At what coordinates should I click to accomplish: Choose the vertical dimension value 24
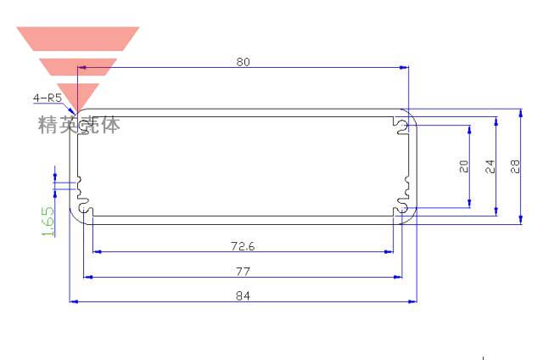click(x=490, y=167)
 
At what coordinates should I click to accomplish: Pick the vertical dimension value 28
click(x=515, y=167)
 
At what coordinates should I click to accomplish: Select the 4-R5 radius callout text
click(x=48, y=98)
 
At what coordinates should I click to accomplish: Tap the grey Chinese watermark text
click(x=79, y=125)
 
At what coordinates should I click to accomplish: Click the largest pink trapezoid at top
click(x=77, y=39)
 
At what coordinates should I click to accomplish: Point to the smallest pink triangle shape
click(x=77, y=93)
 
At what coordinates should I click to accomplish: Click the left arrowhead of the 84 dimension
click(x=72, y=301)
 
